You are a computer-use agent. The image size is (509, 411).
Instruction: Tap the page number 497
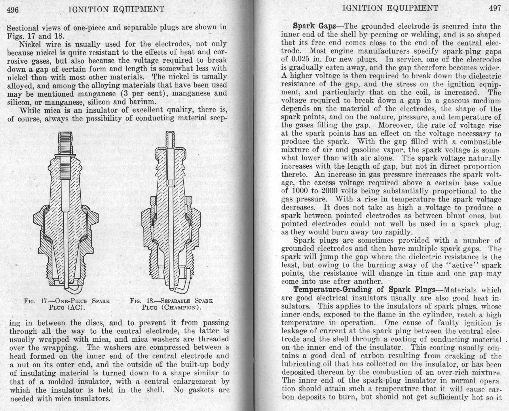pyautogui.click(x=495, y=8)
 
